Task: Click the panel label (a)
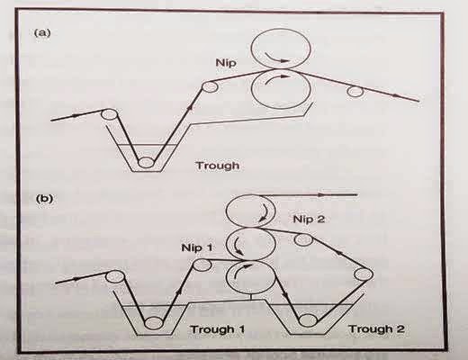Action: coord(42,32)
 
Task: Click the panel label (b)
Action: coord(44,199)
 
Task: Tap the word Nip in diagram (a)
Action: coord(226,63)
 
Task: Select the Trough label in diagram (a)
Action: coord(218,166)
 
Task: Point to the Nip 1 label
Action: coord(197,248)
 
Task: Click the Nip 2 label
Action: coord(309,220)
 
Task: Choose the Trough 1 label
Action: coord(218,329)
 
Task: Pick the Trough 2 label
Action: coord(376,329)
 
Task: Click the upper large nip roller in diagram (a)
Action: coord(281,49)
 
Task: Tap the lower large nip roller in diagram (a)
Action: coord(281,89)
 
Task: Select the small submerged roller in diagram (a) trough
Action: coord(146,163)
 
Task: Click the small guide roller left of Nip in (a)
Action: coord(210,86)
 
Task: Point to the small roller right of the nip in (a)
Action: coord(355,91)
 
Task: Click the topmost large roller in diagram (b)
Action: coord(251,211)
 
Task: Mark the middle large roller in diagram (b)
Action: coord(251,244)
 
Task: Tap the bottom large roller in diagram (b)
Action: coord(251,277)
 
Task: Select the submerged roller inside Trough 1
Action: coord(154,323)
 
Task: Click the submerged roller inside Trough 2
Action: coord(308,320)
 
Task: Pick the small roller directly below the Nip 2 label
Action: coord(303,239)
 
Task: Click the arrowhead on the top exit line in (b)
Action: coord(321,195)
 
